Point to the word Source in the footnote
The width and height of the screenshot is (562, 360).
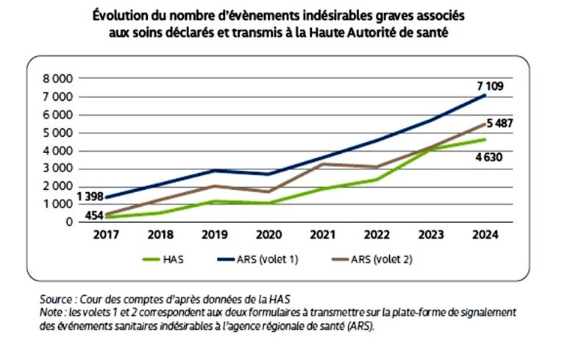57,300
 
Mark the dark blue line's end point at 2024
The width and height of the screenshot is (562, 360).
485,95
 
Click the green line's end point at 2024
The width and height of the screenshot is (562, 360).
485,140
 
